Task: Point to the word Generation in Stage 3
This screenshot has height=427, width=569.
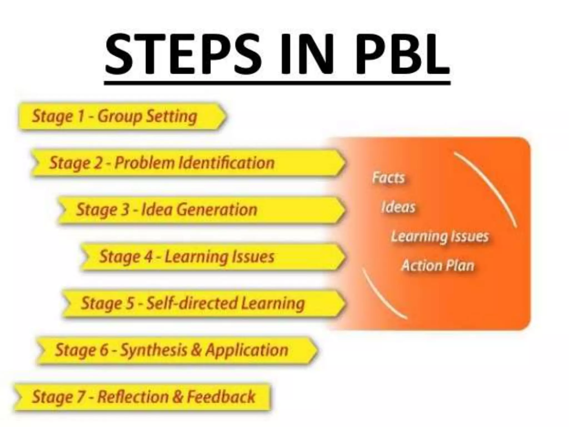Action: click(x=217, y=209)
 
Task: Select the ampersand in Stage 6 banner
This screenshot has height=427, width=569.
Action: click(x=196, y=350)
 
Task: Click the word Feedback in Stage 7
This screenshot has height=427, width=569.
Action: click(x=221, y=396)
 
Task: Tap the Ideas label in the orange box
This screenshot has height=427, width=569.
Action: click(x=398, y=207)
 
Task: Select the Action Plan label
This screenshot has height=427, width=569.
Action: click(x=438, y=265)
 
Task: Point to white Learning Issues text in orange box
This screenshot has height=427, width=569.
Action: click(x=440, y=237)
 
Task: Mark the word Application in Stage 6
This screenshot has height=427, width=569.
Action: click(x=246, y=350)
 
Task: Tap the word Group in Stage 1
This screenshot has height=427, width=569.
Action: click(x=119, y=116)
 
